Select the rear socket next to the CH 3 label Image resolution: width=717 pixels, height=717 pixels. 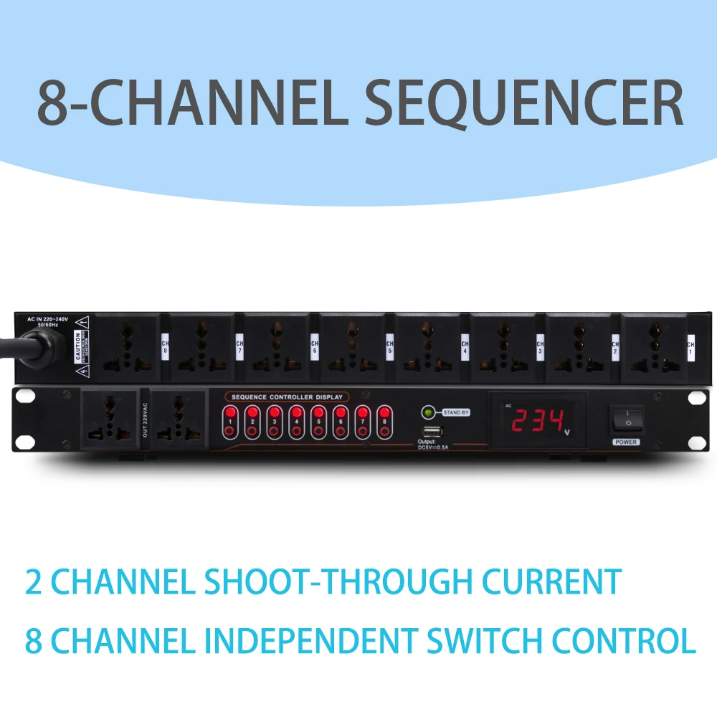click(x=503, y=346)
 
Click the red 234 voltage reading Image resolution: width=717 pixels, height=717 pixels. click(x=537, y=420)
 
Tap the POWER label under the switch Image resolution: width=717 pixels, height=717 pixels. click(x=626, y=442)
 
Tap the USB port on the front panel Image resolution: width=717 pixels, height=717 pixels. click(x=433, y=431)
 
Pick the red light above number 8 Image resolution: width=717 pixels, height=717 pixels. click(x=385, y=413)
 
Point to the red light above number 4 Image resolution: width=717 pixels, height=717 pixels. click(x=297, y=413)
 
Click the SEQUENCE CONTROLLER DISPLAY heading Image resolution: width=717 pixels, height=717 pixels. click(x=287, y=397)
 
